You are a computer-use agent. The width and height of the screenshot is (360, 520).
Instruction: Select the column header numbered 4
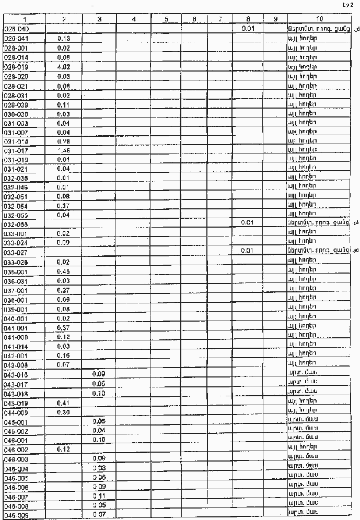click(x=134, y=19)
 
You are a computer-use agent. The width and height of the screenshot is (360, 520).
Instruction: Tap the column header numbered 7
click(x=220, y=19)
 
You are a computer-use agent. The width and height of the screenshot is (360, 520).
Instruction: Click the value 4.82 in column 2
click(x=63, y=66)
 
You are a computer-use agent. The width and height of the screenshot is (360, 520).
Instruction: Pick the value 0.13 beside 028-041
click(x=63, y=39)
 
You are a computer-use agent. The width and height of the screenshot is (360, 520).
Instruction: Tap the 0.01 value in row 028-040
click(x=248, y=29)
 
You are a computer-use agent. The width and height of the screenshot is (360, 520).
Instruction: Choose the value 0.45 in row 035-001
click(x=63, y=271)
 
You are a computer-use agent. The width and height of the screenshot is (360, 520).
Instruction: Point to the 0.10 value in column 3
click(x=99, y=393)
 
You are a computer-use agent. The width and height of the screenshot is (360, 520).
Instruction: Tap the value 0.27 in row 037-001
click(x=63, y=290)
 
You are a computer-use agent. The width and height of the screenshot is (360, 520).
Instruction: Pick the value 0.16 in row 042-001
click(x=63, y=356)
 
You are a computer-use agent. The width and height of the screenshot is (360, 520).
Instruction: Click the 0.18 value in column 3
click(x=99, y=440)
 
